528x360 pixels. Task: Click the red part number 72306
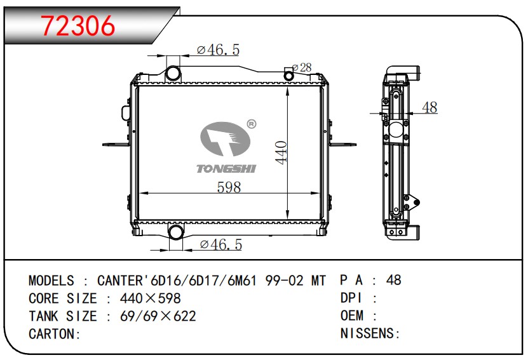78,26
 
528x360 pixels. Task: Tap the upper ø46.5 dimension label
218,50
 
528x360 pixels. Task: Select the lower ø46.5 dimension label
221,244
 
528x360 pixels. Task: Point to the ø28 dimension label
302,68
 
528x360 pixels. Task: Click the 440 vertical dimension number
281,152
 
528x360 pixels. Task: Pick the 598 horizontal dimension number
229,187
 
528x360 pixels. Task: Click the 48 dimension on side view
430,107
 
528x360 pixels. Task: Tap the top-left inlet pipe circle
173,74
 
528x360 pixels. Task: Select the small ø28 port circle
288,76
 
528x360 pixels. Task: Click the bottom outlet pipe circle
175,232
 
